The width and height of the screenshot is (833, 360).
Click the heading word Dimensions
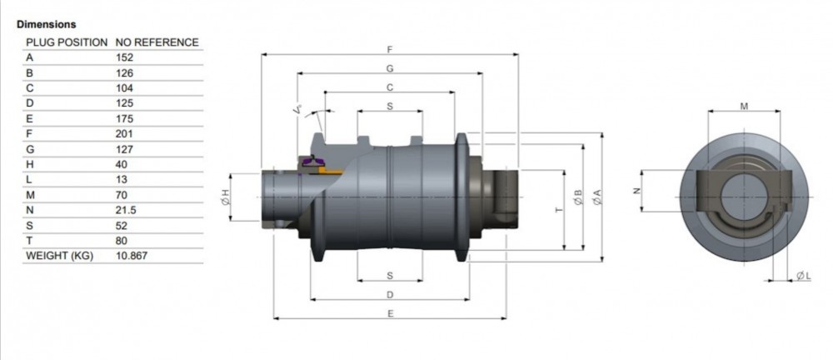click(46, 25)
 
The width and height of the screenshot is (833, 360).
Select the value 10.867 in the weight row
click(132, 256)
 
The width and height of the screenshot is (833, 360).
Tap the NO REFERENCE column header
click(157, 42)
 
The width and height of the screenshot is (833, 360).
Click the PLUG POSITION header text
click(67, 42)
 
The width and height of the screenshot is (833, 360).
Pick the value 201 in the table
click(124, 133)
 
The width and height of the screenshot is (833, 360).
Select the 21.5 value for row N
click(126, 210)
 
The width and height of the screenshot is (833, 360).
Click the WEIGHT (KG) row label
click(61, 256)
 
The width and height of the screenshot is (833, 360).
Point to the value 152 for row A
click(124, 57)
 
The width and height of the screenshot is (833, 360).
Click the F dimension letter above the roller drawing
click(390, 49)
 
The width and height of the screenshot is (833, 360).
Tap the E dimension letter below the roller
click(390, 313)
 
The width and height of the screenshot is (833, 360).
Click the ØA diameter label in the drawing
click(596, 197)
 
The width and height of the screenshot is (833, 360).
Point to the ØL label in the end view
click(801, 275)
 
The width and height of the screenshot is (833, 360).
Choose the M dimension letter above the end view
click(744, 106)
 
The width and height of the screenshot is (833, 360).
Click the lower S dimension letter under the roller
click(390, 275)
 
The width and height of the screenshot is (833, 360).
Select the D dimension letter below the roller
click(390, 294)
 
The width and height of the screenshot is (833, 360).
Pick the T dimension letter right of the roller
click(558, 208)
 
